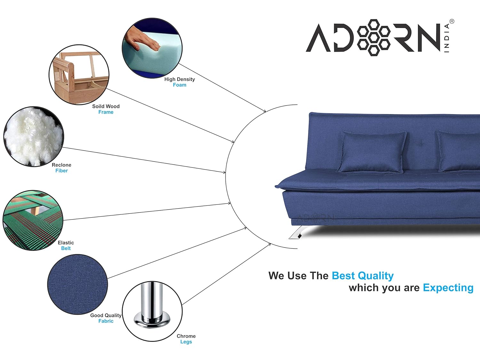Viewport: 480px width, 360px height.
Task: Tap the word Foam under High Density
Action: pos(180,85)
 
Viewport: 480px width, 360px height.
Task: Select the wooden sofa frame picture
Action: pos(79,75)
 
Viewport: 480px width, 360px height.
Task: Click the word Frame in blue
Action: pos(106,112)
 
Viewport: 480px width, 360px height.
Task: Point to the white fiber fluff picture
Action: pos(34,137)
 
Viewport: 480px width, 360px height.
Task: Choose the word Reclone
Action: pos(61,165)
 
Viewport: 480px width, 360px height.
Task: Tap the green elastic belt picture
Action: pos(33,220)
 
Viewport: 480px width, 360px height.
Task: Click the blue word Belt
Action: pos(66,248)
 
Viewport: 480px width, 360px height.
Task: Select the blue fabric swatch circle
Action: pos(77,284)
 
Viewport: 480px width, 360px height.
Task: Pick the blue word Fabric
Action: pos(106,321)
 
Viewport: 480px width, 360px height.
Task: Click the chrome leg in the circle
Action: pos(152,306)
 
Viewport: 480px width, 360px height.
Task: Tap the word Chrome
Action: pos(186,336)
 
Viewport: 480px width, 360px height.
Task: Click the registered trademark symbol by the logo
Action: pos(452,21)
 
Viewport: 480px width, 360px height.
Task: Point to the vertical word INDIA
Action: pos(447,38)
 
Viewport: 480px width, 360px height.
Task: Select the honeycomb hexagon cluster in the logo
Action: pos(373,37)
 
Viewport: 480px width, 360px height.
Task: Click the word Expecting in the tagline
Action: pos(448,288)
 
